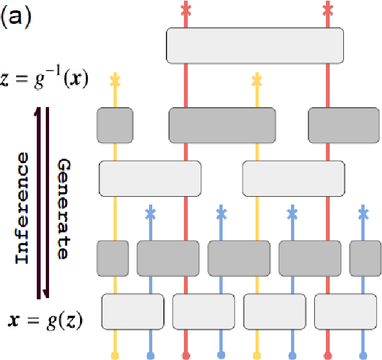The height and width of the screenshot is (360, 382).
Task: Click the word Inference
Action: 23,208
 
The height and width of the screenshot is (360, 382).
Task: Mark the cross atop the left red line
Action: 186,9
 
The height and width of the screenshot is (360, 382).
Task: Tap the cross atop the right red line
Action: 328,9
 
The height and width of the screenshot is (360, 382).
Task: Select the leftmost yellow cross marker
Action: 115,81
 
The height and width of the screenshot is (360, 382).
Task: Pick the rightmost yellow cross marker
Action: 257,81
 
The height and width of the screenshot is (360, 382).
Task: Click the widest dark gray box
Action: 222,125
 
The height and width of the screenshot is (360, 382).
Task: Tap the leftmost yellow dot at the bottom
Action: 115,355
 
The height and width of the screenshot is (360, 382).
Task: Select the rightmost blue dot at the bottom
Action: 363,355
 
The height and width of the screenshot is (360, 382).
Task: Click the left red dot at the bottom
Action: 186,355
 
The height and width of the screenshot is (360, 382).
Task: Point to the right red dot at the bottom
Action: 328,355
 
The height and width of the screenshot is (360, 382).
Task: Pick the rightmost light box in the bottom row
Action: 345,313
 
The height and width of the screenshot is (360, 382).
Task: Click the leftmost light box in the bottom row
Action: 132,313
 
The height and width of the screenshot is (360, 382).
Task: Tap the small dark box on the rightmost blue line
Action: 363,257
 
